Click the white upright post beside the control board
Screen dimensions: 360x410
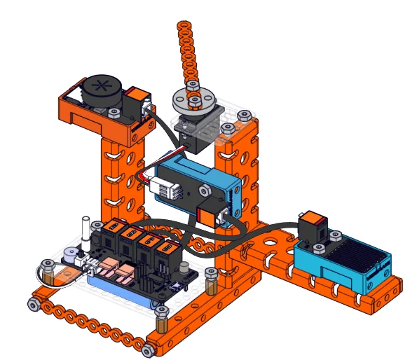point(87,233)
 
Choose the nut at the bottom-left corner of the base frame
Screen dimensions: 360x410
point(33,304)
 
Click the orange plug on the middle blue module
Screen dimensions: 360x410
point(209,216)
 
